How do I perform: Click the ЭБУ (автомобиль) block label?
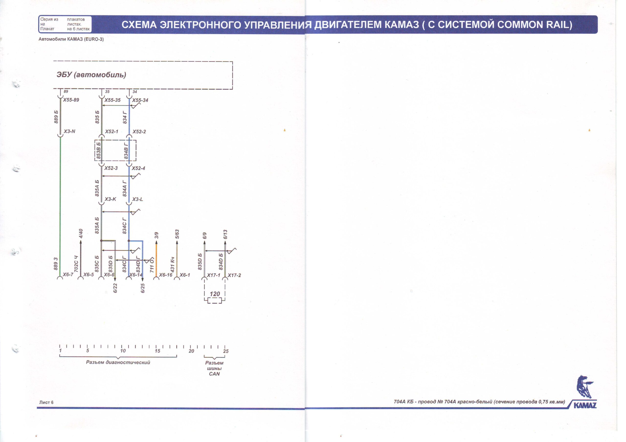[x=91, y=75]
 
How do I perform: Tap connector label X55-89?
[x=71, y=100]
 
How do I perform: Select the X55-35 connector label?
[x=112, y=100]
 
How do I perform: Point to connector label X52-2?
[x=139, y=132]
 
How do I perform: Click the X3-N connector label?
[x=69, y=132]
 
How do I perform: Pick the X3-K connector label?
[x=111, y=199]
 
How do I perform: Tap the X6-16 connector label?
[x=166, y=275]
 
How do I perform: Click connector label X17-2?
[x=234, y=275]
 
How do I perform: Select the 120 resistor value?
[x=215, y=294]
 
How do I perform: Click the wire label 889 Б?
[x=56, y=117]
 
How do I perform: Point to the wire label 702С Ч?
[x=76, y=264]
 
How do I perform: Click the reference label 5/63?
[x=177, y=234]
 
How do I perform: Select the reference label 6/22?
[x=115, y=288]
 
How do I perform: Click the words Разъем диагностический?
[x=118, y=362]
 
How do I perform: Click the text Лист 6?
[x=46, y=402]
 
